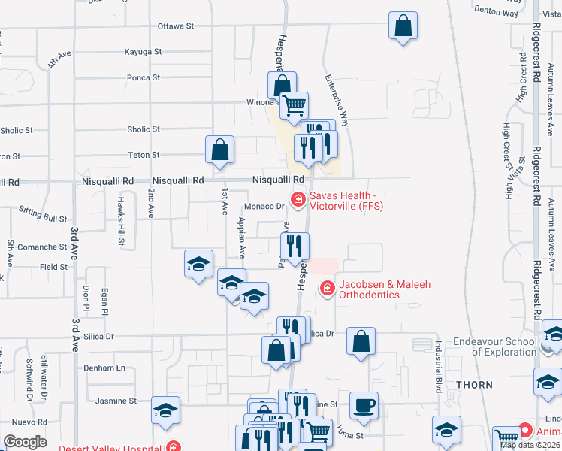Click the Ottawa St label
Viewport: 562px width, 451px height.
176,26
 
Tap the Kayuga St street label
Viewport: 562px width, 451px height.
144,52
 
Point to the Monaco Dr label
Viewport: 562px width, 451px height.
263,206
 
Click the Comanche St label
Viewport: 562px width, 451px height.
43,247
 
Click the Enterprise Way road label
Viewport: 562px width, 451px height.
337,100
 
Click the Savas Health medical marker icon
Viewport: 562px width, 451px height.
298,199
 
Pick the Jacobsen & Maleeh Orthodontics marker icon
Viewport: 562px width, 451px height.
327,287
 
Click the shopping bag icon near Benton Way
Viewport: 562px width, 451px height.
403,26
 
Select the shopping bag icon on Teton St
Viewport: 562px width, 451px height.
219,149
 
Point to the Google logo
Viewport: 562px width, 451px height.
25,442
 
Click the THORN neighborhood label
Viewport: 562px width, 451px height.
474,385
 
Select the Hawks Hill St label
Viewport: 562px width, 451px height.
120,222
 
